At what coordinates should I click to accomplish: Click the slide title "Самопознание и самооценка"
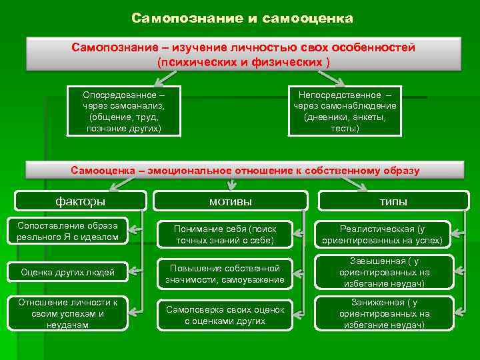pos(242,18)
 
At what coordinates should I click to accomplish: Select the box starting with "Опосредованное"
pos(124,111)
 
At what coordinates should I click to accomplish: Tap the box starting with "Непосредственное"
pos(345,111)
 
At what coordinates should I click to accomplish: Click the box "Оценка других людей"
pos(68,271)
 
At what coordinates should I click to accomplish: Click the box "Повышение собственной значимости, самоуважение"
pos(225,273)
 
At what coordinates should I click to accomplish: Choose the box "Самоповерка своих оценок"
pos(225,315)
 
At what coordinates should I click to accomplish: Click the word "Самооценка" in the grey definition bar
pos(103,170)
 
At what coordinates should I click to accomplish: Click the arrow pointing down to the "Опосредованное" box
pos(160,77)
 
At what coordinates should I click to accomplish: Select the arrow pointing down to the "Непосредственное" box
pos(318,77)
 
